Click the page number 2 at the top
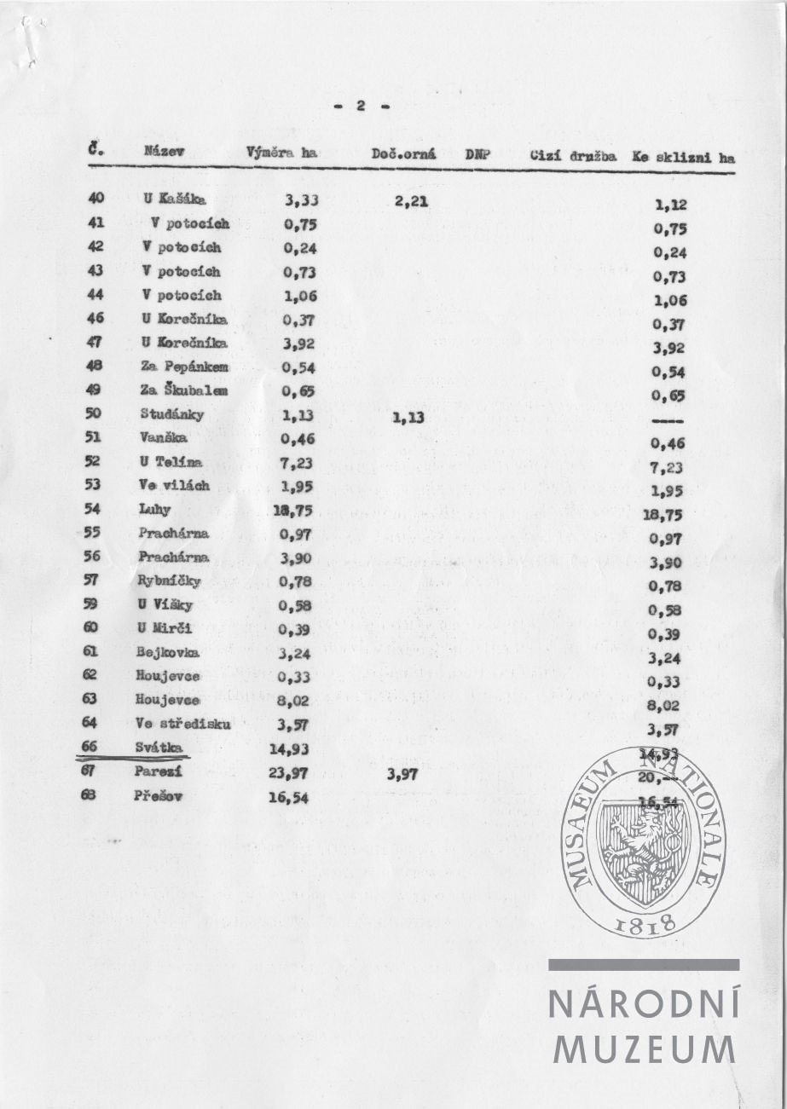pos(361,106)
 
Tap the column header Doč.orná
pos(404,155)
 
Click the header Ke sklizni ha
pos(683,158)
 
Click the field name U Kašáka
pos(176,199)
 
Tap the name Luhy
pos(154,510)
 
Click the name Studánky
pos(168,413)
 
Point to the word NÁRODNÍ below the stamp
pos(644,1004)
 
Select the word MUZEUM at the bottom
pos(644,1048)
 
